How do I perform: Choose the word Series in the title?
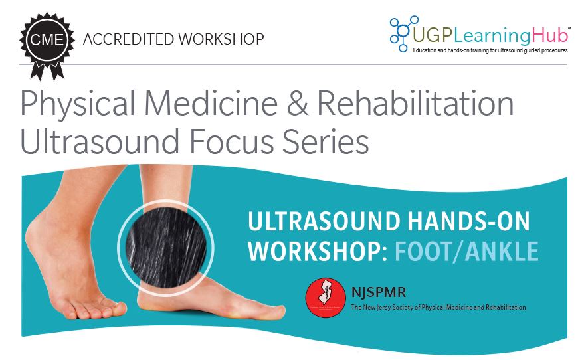point(321,143)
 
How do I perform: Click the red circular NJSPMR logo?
point(325,298)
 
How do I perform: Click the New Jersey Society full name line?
point(437,308)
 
